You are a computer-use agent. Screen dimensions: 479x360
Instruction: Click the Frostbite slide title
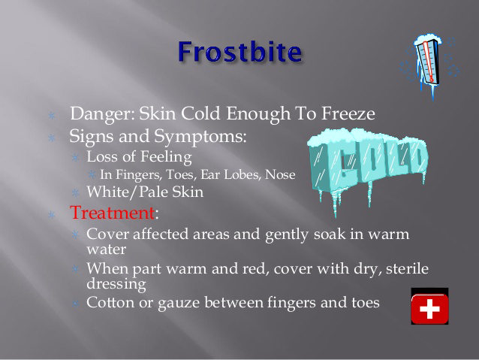(x=240, y=52)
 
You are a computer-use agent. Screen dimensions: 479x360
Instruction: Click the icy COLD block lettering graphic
(x=367, y=169)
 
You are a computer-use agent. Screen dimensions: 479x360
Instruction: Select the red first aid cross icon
(x=429, y=306)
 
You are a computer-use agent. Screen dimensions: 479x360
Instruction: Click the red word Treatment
(x=113, y=212)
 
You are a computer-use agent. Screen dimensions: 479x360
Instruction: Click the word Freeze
(x=348, y=113)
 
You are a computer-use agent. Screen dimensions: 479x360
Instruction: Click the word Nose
(x=280, y=174)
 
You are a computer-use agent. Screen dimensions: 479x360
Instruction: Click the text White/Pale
(x=128, y=192)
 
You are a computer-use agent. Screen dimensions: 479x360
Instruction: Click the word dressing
(x=116, y=284)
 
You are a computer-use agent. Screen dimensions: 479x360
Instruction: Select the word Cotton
(x=110, y=302)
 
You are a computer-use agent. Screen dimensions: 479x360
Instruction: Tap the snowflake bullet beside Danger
(x=52, y=115)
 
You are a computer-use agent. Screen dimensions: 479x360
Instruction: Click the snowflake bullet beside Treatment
(x=52, y=215)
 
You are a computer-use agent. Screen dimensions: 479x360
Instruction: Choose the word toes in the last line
(x=366, y=302)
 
